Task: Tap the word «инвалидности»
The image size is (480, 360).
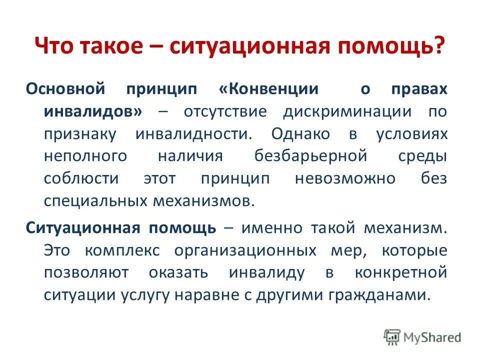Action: (192, 133)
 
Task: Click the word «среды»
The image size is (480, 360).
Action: (422, 156)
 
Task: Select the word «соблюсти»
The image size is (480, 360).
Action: (81, 178)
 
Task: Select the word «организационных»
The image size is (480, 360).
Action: (245, 250)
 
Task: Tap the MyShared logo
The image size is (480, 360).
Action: (423, 337)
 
